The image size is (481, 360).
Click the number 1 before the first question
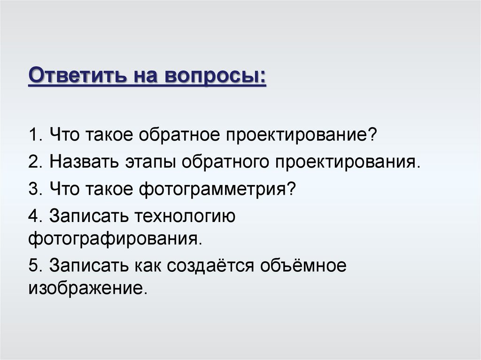click(32, 136)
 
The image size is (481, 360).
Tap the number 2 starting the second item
click(32, 162)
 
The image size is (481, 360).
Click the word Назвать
click(86, 162)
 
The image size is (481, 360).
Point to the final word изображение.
click(88, 286)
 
